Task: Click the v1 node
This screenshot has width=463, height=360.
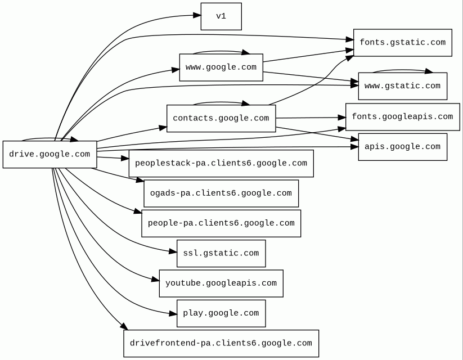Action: pos(221,16)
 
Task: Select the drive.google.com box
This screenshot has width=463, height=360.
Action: pos(50,154)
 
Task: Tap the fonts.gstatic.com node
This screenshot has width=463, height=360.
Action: pos(402,43)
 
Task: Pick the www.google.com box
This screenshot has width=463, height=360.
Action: pos(221,67)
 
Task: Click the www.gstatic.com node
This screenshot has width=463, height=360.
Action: pos(402,86)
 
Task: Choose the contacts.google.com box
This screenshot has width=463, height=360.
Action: pos(221,118)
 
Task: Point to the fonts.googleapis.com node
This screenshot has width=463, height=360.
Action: pos(402,117)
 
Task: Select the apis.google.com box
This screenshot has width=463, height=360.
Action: pos(402,147)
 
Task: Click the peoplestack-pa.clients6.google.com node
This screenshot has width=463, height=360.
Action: pos(221,164)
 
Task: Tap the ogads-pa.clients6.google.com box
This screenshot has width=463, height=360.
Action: pos(221,193)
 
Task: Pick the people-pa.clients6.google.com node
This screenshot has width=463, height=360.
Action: pos(221,223)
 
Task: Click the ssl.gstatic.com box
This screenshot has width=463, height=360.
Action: pos(221,253)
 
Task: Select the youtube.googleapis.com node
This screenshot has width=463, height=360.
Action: pos(221,283)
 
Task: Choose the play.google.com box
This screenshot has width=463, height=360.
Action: pos(221,313)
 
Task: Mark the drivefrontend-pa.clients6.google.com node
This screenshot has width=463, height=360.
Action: pos(221,343)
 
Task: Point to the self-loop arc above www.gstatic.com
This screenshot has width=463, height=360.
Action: pos(402,70)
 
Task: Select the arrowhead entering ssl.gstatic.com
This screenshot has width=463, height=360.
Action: pos(173,252)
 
